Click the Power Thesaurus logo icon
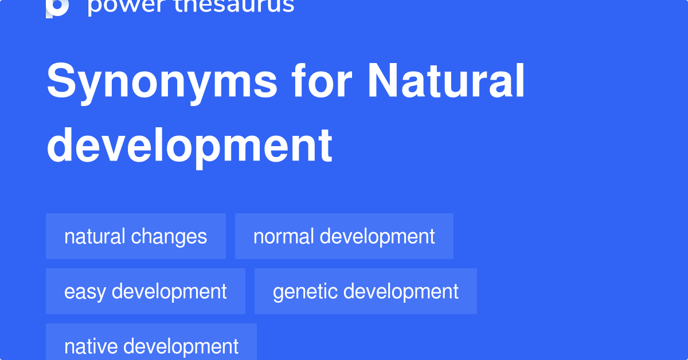(x=57, y=7)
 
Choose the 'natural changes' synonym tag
(x=136, y=236)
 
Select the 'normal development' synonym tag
(x=344, y=236)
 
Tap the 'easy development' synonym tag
(x=146, y=291)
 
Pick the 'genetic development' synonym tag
(x=366, y=291)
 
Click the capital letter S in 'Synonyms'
(x=62, y=82)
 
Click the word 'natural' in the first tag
(x=95, y=236)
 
